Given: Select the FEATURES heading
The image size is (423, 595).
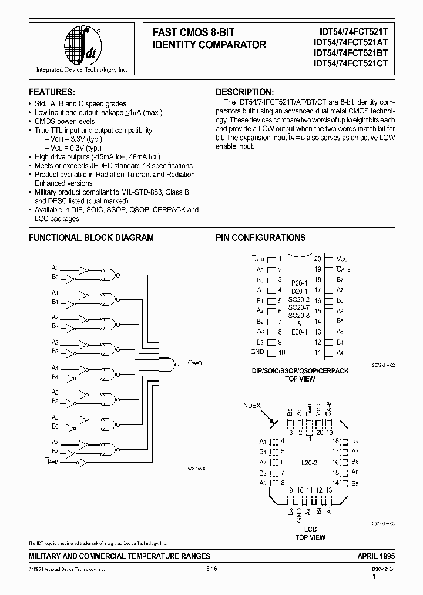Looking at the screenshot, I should click(x=52, y=92).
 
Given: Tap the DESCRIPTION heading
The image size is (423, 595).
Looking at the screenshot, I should click(x=244, y=92).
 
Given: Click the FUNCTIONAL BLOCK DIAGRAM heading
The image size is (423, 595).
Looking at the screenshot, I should click(x=91, y=238).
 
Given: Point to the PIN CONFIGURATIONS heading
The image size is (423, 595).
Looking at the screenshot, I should click(x=260, y=238).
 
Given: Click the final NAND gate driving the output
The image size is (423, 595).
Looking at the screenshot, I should click(x=170, y=364).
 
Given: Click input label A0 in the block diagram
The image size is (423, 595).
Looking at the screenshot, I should click(x=55, y=267).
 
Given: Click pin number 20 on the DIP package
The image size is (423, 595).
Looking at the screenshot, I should click(x=317, y=259).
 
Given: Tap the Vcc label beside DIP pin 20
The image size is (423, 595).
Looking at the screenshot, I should click(x=343, y=259).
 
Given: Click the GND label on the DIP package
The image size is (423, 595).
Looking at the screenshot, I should click(x=257, y=352).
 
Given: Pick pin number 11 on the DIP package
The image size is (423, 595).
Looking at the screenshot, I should click(x=317, y=353).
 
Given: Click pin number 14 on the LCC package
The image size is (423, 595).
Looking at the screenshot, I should click(x=335, y=483).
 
